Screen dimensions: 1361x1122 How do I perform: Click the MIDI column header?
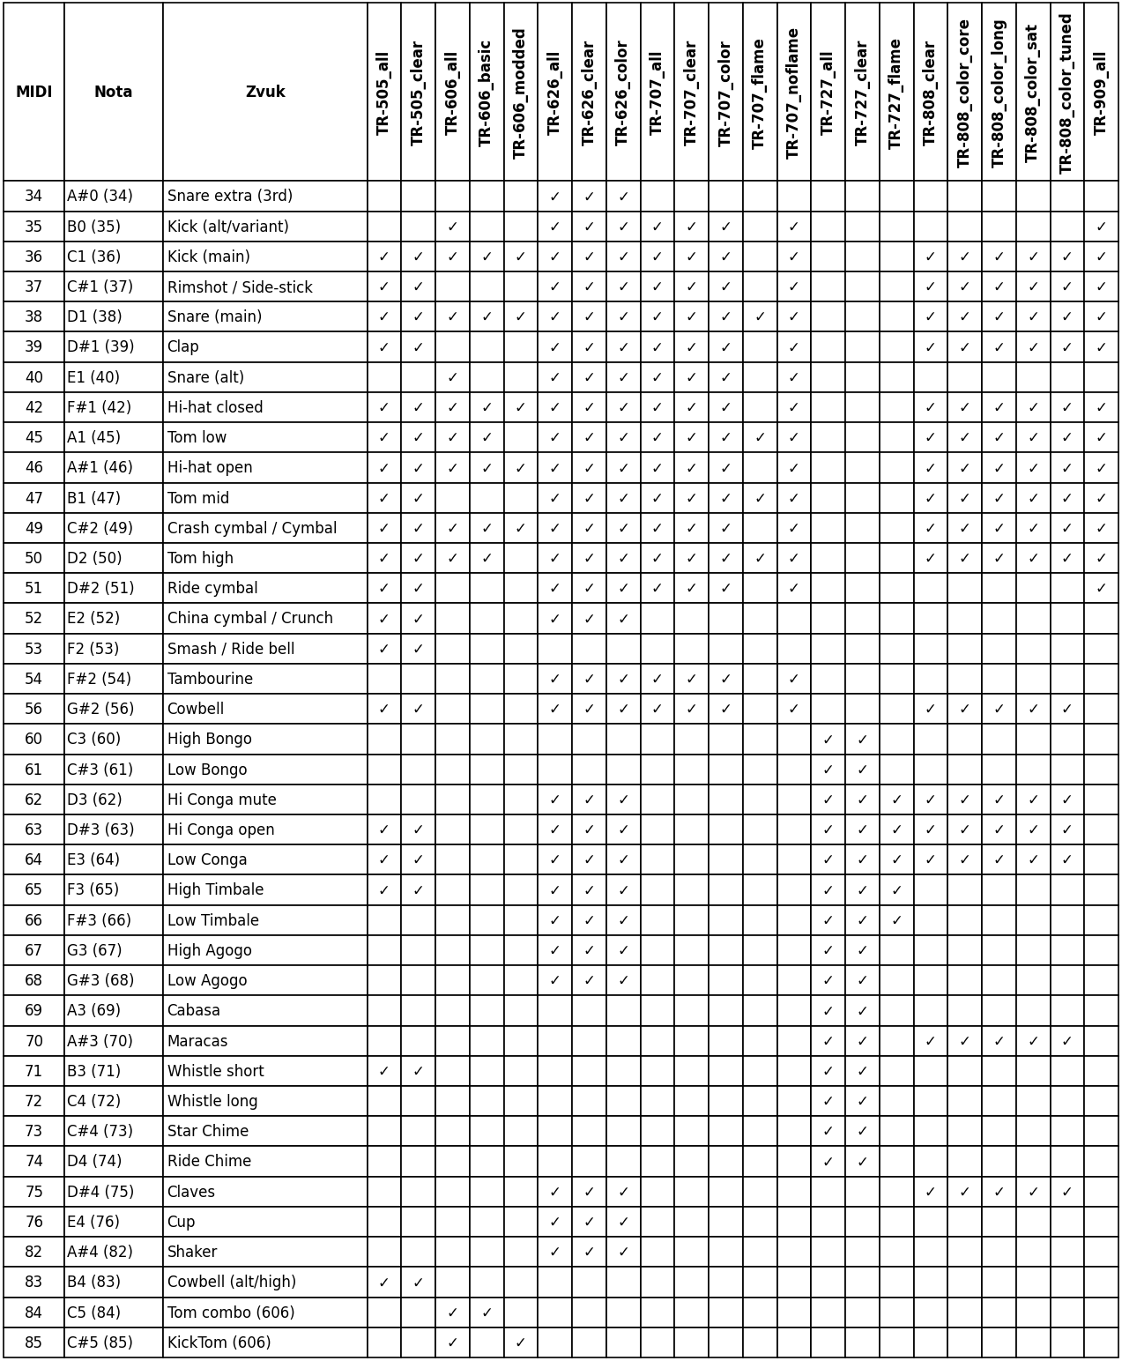[33, 92]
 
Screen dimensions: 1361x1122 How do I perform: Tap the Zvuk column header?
[264, 92]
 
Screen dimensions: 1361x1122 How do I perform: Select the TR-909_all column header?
[1101, 93]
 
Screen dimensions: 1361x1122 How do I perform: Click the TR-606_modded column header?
[520, 93]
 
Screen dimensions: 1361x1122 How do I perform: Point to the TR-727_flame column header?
[896, 93]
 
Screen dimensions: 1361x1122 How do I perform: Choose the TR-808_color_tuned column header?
[1066, 93]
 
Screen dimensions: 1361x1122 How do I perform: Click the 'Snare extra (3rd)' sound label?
[230, 197]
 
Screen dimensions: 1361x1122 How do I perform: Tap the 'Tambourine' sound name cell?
[210, 679]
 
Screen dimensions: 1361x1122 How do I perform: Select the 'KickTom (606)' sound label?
[219, 1342]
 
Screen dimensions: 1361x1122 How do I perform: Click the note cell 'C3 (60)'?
[93, 740]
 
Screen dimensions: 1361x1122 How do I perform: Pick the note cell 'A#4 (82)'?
[100, 1252]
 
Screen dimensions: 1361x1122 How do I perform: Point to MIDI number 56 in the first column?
[33, 710]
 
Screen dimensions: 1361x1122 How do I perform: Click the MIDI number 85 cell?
[33, 1342]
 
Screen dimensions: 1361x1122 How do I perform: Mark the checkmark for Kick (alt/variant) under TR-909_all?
[1101, 227]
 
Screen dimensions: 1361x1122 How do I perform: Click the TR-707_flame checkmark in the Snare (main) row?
[760, 317]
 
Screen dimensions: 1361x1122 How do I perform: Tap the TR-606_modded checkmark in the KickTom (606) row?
[520, 1343]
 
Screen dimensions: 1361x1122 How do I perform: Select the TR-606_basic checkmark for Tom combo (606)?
[487, 1313]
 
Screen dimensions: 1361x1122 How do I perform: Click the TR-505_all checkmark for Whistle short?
[383, 1072]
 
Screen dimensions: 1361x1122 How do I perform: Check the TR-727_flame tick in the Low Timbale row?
[896, 921]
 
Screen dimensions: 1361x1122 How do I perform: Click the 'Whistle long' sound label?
[212, 1102]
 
